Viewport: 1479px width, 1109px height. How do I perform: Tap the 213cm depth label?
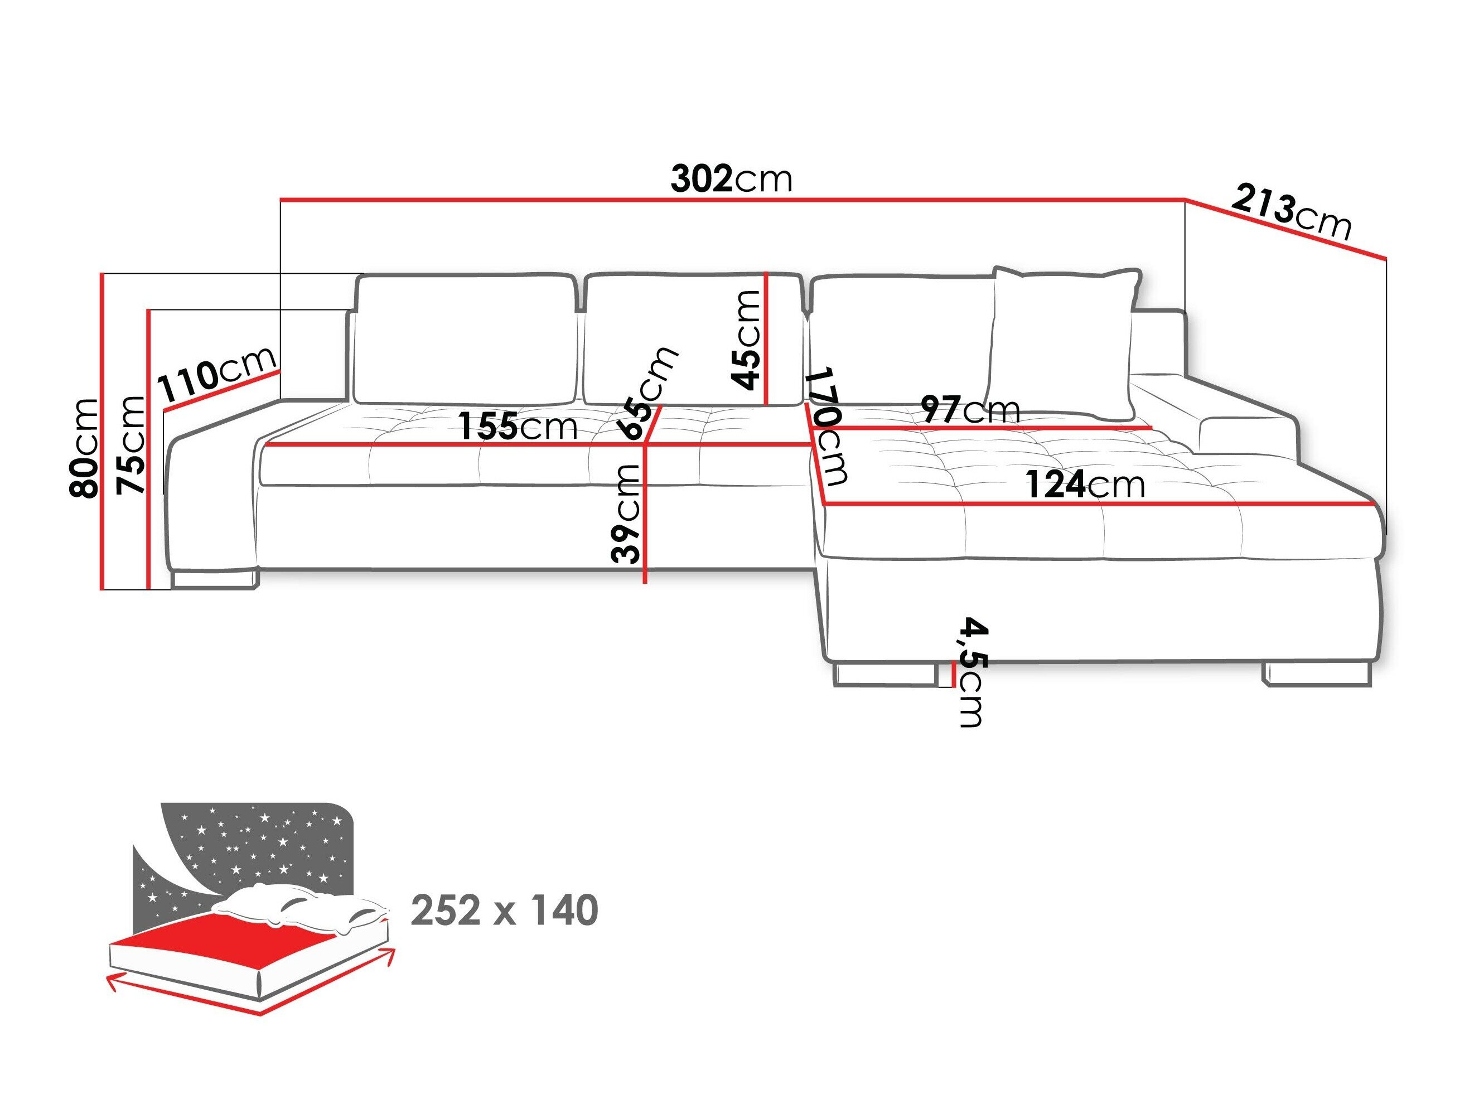pos(1290,212)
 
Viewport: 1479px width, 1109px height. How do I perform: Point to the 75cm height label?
pos(130,444)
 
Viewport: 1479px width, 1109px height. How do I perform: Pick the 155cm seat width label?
pos(518,427)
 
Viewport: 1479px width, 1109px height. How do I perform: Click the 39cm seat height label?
pos(626,514)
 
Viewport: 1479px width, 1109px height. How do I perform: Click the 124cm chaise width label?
pos(1085,485)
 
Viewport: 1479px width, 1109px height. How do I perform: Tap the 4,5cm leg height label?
pos(971,672)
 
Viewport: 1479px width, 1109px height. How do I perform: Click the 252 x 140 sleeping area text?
pos(504,911)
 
